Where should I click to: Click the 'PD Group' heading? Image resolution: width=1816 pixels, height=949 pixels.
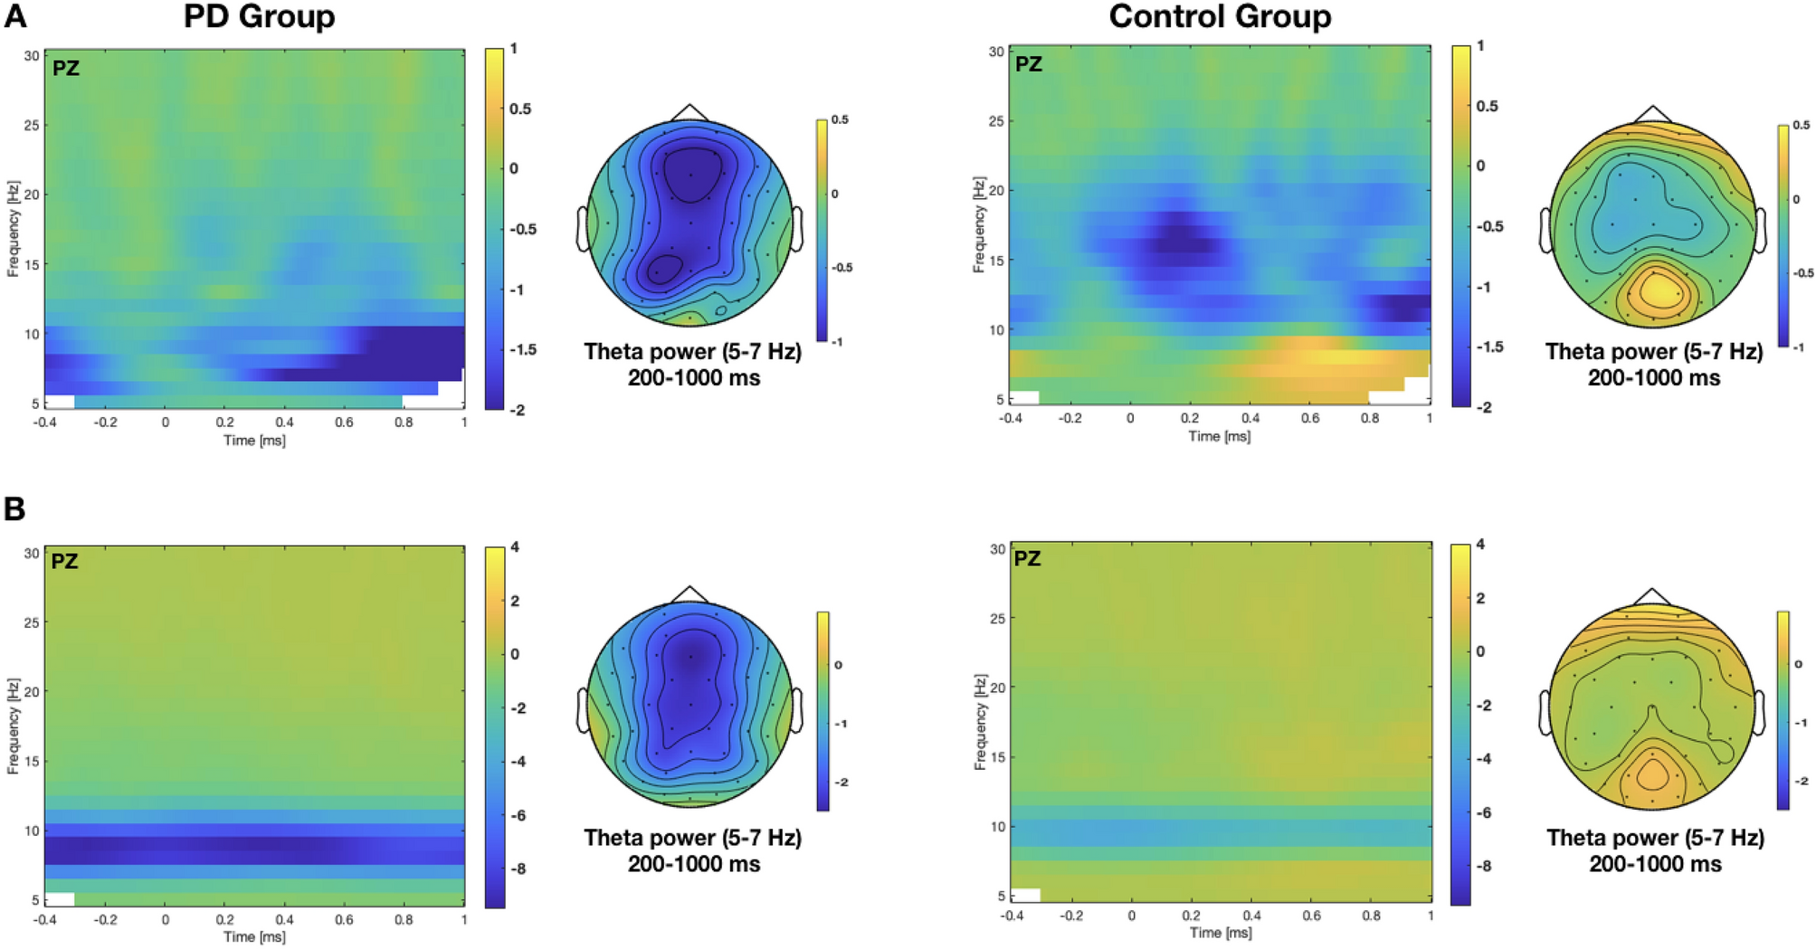coord(259,16)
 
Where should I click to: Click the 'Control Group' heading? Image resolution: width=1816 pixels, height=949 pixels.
coord(1220,16)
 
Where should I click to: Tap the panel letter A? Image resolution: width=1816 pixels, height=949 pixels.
coord(15,15)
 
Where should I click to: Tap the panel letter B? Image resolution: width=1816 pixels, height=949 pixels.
coord(14,509)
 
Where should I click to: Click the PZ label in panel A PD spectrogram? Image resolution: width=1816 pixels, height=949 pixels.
coord(65,68)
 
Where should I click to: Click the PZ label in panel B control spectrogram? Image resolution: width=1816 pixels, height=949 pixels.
coord(1027,559)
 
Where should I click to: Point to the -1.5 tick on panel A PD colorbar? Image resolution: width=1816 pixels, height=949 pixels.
coord(522,350)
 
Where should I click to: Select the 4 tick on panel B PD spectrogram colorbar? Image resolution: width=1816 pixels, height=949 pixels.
coord(515,547)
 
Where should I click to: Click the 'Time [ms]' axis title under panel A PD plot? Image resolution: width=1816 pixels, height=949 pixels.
coord(254,441)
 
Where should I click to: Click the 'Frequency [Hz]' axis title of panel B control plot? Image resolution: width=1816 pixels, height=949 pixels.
coord(980,722)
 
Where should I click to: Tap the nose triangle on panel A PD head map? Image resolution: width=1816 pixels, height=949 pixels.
coord(690,112)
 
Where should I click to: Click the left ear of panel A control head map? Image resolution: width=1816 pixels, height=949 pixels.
coord(1545,230)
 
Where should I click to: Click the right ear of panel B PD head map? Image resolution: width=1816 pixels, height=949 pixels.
coord(797,710)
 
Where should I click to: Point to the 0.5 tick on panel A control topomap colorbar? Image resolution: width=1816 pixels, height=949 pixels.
coord(1801,126)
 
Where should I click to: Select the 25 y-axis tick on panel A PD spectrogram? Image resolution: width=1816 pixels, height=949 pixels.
coord(32,125)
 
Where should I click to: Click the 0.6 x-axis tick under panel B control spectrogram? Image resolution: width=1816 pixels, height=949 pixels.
coord(1311,916)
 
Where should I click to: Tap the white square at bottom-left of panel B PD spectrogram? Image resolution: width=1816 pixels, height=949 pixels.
coord(59,899)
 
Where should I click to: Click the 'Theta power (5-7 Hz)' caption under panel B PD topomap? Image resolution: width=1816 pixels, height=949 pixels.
coord(693,838)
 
